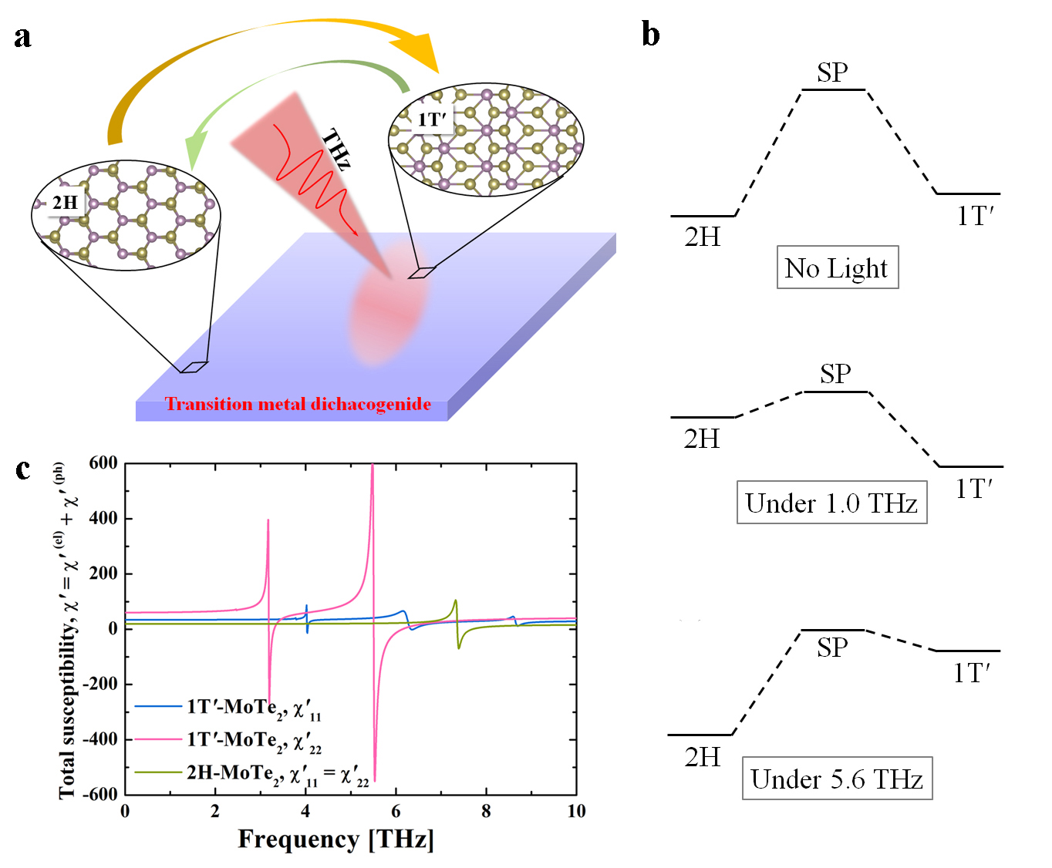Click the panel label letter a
coord(22,37)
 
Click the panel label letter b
coord(650,35)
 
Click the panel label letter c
coord(23,469)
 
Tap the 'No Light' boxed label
coord(837,267)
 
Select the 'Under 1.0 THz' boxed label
coord(831,503)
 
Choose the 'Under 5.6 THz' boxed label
coord(837,779)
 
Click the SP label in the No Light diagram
coord(832,72)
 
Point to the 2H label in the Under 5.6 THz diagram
coord(702,757)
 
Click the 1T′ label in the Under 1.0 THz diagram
coord(974,489)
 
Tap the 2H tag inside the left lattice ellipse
coord(65,203)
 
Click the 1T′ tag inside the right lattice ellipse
coord(431,119)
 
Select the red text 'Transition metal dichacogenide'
coord(298,404)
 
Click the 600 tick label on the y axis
coord(103,463)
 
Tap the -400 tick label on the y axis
coord(100,739)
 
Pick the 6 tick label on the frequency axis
coord(396,811)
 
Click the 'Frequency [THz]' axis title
coord(335,839)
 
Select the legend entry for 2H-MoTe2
coord(251,773)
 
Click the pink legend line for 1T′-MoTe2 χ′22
coord(157,739)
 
